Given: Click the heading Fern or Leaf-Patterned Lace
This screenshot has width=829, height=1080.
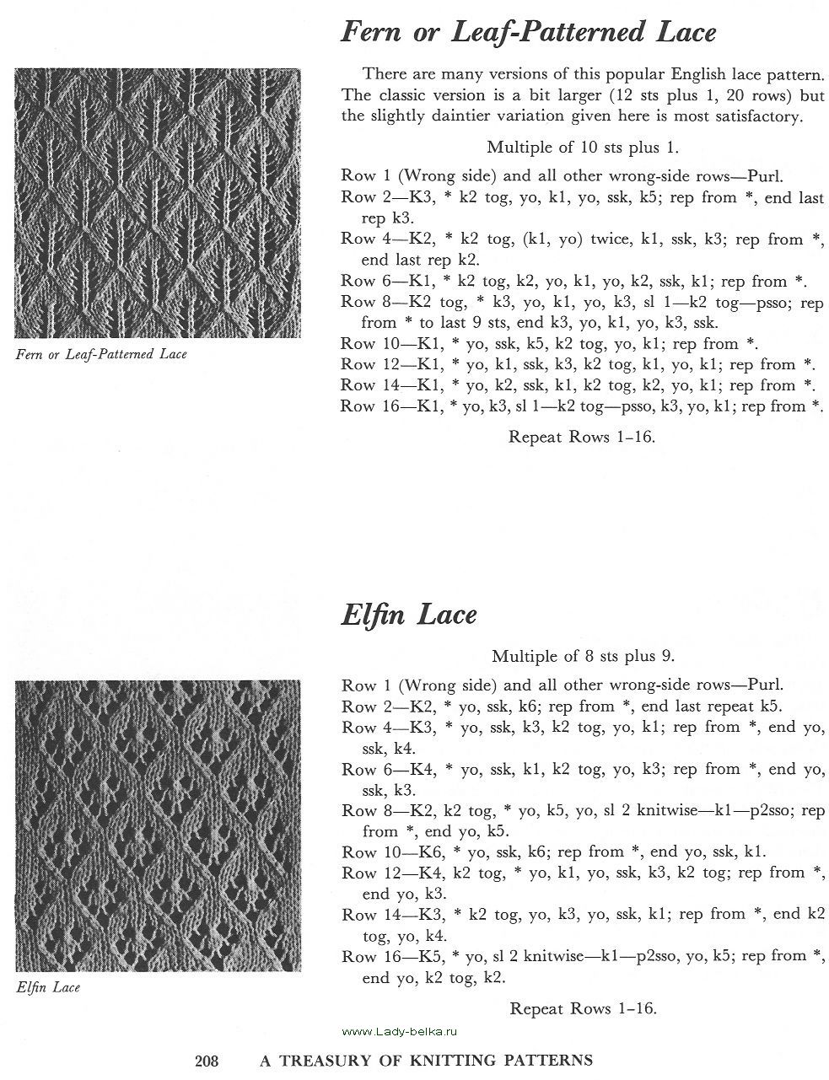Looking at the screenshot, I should [528, 33].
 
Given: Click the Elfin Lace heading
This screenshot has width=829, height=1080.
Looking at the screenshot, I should [409, 615].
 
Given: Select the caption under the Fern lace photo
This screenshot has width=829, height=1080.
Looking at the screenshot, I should [101, 354].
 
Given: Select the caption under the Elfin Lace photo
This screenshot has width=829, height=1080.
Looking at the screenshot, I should [48, 986].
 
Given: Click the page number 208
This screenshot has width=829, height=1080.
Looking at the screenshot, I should [207, 1061].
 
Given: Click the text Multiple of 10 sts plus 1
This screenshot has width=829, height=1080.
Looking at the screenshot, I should [582, 148].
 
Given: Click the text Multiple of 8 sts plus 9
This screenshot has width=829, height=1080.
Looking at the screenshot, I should [583, 655].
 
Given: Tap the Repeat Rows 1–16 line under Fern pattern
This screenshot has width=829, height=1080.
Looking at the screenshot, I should [582, 437].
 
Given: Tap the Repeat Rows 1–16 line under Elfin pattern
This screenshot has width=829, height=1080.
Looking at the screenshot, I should [583, 1007].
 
